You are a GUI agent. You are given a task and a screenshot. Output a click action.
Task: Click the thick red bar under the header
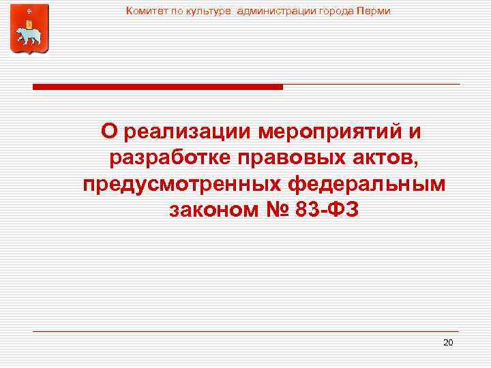tap(158, 87)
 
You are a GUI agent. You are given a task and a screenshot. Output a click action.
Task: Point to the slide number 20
tap(448, 342)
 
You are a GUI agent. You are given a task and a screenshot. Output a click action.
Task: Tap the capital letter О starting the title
tap(109, 130)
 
